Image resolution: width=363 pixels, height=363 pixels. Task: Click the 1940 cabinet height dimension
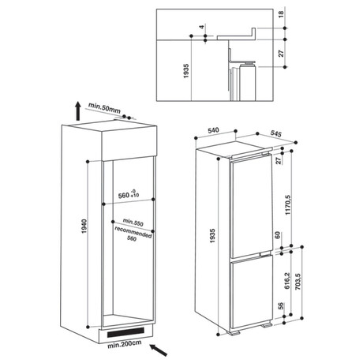pos(84,226)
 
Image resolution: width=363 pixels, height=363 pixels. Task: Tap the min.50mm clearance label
pos(104,107)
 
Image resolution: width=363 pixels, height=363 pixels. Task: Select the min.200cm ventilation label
pos(125,343)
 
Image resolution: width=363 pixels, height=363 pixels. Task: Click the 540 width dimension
pos(213,130)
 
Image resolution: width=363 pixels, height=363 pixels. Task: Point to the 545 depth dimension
pos(276,133)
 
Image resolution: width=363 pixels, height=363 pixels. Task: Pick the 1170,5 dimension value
pos(287,205)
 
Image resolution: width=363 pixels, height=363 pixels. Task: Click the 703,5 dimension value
pos(298,282)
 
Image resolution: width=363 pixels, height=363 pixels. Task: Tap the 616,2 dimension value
pos(287,280)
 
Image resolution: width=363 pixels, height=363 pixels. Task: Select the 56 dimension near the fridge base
pos(281,305)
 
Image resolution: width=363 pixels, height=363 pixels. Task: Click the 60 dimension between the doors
pos(279,235)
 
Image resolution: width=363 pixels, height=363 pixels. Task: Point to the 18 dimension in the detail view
pos(281,14)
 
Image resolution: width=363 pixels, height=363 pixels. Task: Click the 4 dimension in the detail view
pos(201,27)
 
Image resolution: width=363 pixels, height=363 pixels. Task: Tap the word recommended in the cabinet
pos(133,232)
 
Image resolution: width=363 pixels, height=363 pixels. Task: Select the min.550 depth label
pos(133,222)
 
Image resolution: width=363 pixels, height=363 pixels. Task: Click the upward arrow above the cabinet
pos(77,111)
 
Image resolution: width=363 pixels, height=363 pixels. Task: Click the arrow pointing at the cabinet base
pos(159,350)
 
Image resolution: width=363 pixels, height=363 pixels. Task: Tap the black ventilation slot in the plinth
pos(125,333)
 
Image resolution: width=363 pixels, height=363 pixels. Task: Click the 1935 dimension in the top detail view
pos(186,70)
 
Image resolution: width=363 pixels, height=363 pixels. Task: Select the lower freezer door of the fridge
pos(252,293)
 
